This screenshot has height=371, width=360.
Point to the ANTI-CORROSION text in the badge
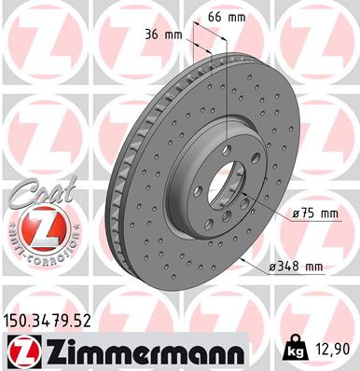[x=38, y=254]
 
